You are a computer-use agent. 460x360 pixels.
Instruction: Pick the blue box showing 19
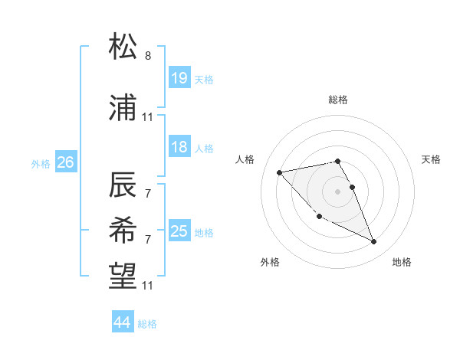(179, 78)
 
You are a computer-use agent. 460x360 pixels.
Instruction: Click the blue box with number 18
(179, 148)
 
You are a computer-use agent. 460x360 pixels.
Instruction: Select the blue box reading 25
(179, 231)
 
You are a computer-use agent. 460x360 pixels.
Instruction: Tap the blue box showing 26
(65, 162)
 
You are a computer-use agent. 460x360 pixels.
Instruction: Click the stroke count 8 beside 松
(147, 56)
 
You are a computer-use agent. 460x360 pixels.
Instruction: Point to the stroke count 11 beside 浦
(147, 117)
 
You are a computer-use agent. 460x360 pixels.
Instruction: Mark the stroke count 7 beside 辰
(147, 193)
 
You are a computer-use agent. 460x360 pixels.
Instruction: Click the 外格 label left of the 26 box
(41, 163)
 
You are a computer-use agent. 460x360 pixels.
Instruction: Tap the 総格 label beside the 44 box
(147, 324)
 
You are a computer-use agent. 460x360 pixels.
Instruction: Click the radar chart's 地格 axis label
(402, 262)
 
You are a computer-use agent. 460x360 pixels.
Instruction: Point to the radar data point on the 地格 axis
(374, 242)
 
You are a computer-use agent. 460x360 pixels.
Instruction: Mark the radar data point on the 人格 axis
(280, 172)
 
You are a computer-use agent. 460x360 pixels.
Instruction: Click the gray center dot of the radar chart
(337, 191)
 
